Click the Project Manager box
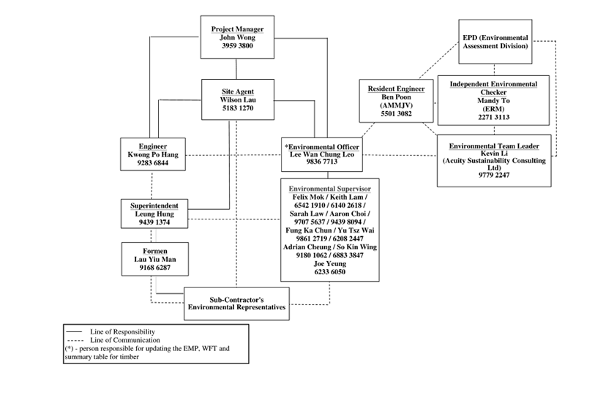237,37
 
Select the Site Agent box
237,99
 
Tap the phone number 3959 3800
237,46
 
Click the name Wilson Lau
237,99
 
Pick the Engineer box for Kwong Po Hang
152,155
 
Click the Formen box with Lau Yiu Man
155,260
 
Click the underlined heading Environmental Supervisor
330,189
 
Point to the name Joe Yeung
330,263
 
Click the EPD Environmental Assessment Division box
494,41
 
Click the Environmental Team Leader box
494,161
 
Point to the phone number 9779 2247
494,176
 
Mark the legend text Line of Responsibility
122,332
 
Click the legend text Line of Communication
125,340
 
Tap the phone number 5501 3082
396,114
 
